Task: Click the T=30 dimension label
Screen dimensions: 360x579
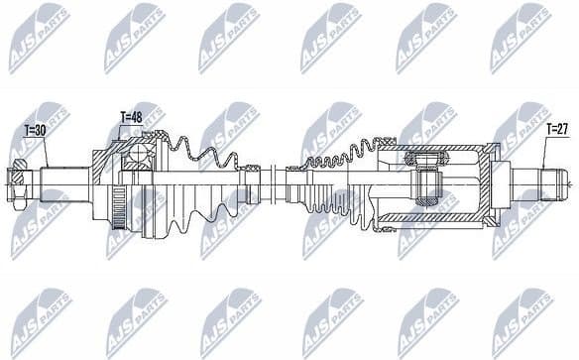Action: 35,130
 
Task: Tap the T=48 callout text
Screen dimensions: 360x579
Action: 130,117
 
